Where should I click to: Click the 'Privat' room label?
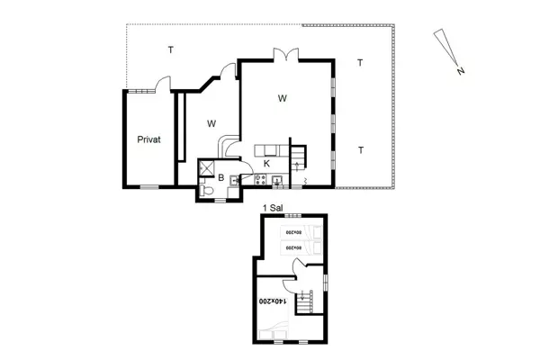(x=148, y=139)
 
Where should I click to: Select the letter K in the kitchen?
(x=266, y=163)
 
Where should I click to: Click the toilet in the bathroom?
(x=207, y=190)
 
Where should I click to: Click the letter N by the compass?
(x=460, y=69)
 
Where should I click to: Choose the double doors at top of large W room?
(x=286, y=55)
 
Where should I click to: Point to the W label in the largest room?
(x=282, y=97)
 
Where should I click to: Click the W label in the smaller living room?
(x=211, y=122)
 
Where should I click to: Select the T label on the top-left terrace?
(x=169, y=49)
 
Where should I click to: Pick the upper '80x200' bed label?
(x=292, y=233)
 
